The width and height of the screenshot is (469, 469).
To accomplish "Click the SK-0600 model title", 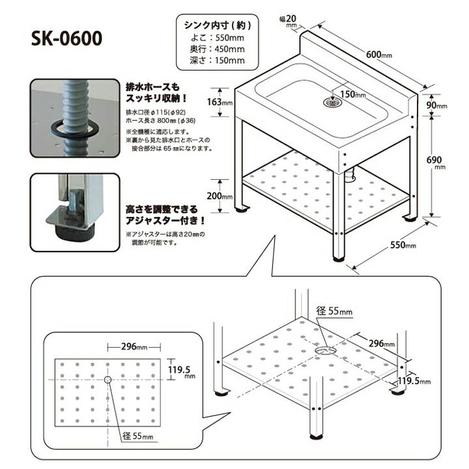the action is (66, 38).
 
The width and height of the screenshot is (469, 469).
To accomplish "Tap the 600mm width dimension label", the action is (379, 55).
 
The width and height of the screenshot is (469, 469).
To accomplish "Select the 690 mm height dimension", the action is (436, 162).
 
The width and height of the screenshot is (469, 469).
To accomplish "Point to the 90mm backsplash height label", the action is (436, 106).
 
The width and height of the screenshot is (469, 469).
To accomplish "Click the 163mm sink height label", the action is (220, 102).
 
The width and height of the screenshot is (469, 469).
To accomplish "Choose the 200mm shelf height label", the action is (220, 196).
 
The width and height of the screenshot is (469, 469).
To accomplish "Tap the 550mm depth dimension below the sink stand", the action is (403, 245).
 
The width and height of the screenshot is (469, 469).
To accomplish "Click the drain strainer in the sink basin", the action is (332, 102).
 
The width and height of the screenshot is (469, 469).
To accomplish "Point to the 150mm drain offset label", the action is (353, 94).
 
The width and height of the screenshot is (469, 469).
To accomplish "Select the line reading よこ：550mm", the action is (218, 38).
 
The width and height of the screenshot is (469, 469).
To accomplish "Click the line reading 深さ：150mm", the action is (218, 61).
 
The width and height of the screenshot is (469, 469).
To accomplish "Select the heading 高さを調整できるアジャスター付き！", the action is (165, 215).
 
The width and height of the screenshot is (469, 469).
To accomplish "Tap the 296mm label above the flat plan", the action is (134, 347).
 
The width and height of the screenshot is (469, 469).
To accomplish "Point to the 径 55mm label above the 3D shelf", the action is (334, 311).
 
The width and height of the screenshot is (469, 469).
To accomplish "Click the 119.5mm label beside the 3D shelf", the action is (414, 381).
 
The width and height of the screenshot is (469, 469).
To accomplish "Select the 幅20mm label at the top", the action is (288, 20).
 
